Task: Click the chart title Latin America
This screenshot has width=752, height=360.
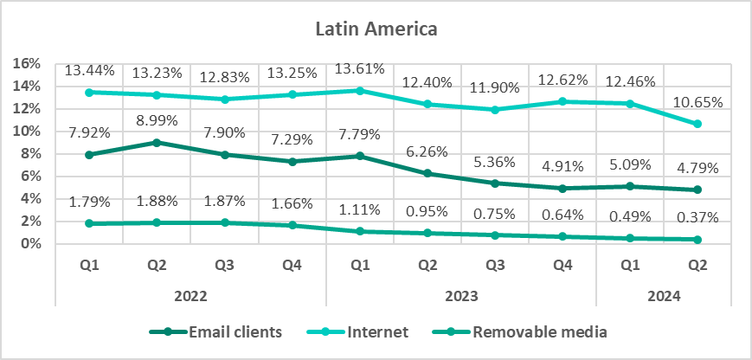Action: [376, 29]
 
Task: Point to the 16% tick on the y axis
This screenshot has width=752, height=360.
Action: [29, 63]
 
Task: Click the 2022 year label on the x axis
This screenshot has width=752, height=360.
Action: [190, 295]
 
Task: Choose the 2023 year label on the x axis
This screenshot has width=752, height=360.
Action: [460, 295]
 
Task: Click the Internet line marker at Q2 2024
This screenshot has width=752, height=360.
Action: [697, 124]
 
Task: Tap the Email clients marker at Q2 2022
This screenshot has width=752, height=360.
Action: [157, 142]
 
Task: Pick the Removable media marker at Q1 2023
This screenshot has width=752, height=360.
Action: [359, 231]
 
